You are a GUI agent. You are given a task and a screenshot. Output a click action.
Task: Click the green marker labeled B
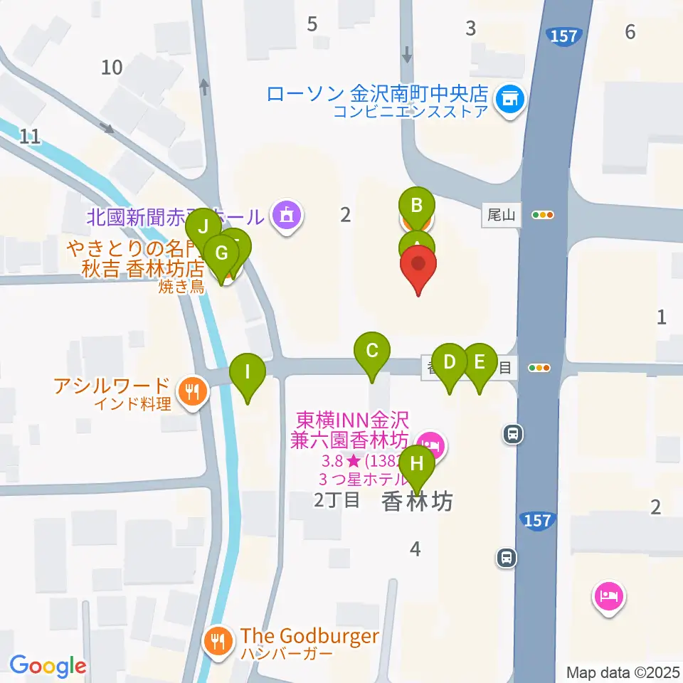click(x=417, y=206)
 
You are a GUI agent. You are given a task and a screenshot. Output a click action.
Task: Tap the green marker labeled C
click(x=371, y=351)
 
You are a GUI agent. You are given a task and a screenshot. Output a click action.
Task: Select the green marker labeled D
click(x=450, y=361)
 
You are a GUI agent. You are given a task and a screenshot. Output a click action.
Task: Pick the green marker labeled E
click(x=480, y=361)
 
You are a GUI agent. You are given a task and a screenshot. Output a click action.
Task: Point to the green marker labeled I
click(x=248, y=371)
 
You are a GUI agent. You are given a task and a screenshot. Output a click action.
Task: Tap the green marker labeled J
click(x=203, y=228)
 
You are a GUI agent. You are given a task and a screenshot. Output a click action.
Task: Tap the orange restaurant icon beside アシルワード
click(x=191, y=390)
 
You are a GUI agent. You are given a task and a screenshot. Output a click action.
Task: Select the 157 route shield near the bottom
click(x=538, y=520)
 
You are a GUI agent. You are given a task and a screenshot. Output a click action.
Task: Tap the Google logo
click(x=48, y=665)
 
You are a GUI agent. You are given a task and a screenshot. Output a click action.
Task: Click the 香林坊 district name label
click(x=417, y=502)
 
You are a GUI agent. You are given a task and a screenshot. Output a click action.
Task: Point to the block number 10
click(x=112, y=68)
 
